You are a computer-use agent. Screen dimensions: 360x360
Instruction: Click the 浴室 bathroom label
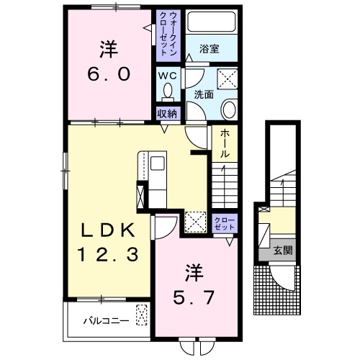pos(210,49)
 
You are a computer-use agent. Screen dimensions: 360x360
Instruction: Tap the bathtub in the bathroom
pos(212,22)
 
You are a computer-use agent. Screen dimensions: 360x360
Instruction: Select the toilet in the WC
pos(168,92)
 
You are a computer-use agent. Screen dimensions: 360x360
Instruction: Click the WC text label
pos(168,76)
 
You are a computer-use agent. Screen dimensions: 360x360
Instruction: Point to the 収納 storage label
pos(167,114)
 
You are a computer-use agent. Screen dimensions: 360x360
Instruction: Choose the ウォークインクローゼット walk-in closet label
pos(168,34)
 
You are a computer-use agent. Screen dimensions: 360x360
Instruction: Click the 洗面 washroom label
pos(204,94)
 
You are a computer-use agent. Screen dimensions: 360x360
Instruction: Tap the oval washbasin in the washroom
pos(229,109)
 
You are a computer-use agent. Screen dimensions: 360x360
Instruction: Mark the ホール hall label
pos(225,143)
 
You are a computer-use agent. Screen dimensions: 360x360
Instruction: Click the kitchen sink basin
pos(158,163)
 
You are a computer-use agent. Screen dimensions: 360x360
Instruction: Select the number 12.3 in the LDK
pos(107,255)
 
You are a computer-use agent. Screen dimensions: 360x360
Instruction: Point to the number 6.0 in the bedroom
pos(109,74)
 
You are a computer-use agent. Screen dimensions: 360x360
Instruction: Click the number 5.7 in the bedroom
pos(193,298)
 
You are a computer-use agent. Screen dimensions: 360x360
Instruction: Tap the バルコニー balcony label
pos(106,321)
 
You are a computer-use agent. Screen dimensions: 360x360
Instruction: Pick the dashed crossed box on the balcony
pos(142,315)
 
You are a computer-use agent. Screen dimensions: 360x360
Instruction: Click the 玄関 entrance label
pos(283,251)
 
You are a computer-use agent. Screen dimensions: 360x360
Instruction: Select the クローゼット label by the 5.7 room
pos(225,224)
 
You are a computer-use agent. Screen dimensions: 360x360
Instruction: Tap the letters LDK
pos(107,231)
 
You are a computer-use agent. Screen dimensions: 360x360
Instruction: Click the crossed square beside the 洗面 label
pos(228,79)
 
